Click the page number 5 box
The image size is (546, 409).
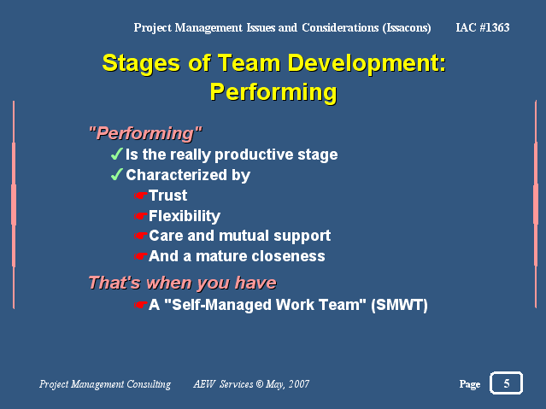(x=506, y=383)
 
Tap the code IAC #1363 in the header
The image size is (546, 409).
(x=483, y=27)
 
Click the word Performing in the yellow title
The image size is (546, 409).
(x=273, y=92)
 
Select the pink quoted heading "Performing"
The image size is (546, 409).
(x=145, y=133)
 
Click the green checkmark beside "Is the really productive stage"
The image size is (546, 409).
(x=117, y=154)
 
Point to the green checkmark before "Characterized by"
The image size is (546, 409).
(x=117, y=174)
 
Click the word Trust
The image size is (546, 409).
(x=167, y=196)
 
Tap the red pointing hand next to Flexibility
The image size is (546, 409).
(x=141, y=216)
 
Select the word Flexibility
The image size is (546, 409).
(x=185, y=216)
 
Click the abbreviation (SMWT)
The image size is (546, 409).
(x=399, y=305)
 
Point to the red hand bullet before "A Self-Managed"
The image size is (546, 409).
(x=141, y=305)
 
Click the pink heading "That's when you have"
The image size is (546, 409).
(x=183, y=283)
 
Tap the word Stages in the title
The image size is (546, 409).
(x=141, y=64)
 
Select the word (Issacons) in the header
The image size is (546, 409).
(x=407, y=28)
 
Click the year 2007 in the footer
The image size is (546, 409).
(x=299, y=384)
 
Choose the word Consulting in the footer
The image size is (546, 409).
(x=149, y=384)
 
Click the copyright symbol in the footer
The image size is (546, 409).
(x=260, y=384)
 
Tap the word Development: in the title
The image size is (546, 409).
(x=367, y=64)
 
